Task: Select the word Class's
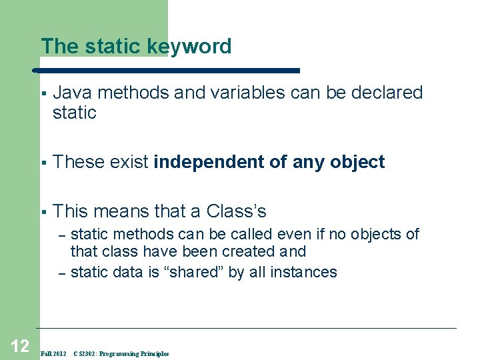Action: click(237, 211)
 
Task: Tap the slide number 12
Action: click(19, 345)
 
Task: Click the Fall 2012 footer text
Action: click(53, 353)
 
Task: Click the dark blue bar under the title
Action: click(167, 69)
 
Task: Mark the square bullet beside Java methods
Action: click(42, 93)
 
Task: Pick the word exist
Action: click(130, 162)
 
